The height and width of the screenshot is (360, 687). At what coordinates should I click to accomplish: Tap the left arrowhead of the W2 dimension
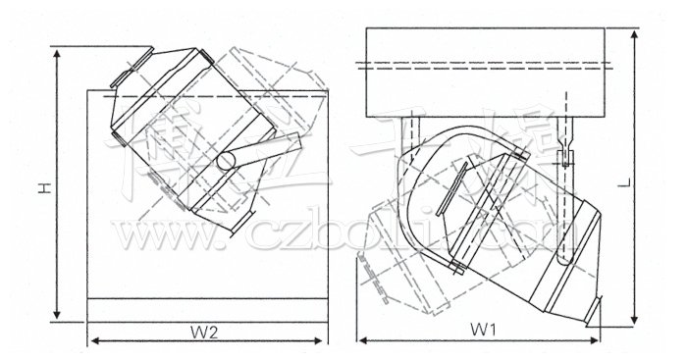click(94, 341)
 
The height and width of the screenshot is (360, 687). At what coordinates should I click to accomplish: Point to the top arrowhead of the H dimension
click(58, 48)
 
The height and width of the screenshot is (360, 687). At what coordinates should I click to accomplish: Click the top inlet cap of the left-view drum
click(127, 69)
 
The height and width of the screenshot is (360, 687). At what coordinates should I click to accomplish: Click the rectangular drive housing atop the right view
click(490, 70)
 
